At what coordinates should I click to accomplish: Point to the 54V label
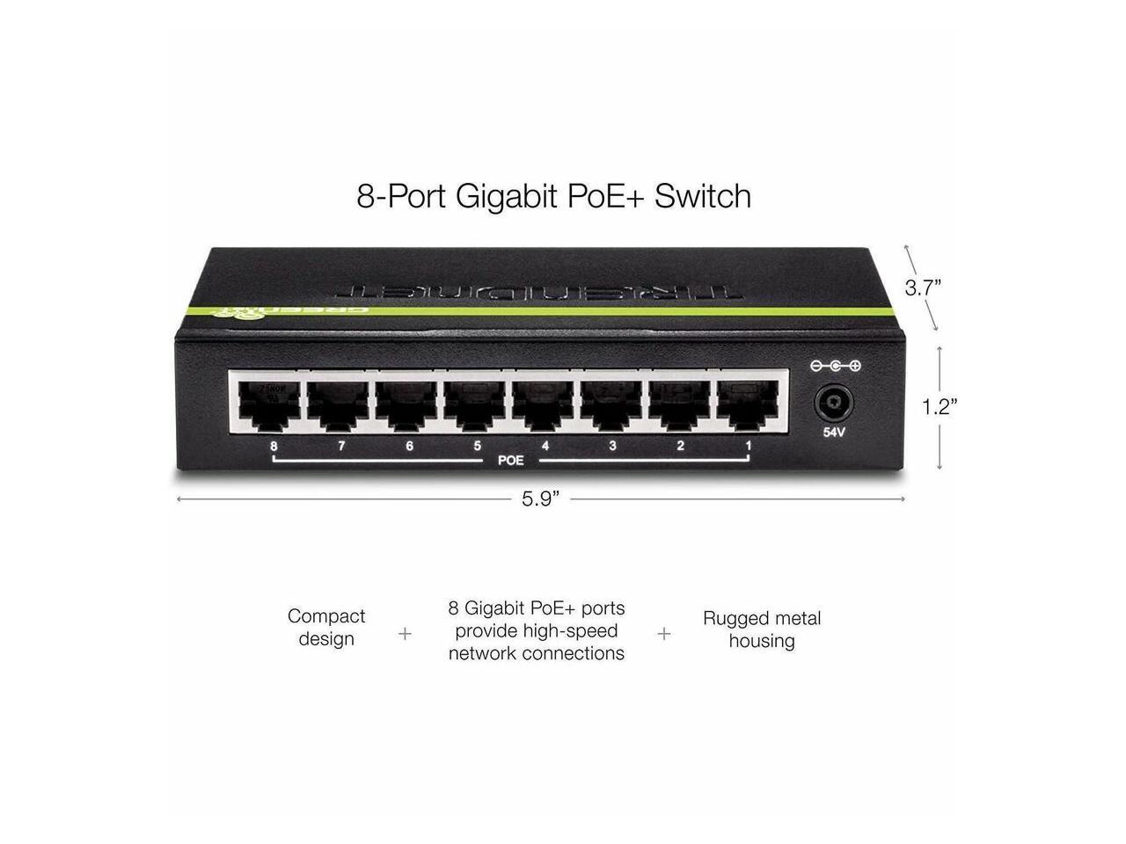pos(833,433)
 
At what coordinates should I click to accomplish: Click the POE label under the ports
pos(511,460)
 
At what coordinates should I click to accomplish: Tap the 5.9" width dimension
pos(540,499)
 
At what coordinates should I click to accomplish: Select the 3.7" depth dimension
pos(924,287)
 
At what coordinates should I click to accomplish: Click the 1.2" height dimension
pos(939,406)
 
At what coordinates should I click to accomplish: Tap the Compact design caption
pos(326,628)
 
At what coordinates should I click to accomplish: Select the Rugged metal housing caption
pos(762,629)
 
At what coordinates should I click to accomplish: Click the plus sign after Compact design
pos(405,633)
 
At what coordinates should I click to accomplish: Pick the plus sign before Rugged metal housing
pos(664,633)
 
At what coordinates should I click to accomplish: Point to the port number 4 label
pos(545,446)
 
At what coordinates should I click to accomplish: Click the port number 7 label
pos(341,446)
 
